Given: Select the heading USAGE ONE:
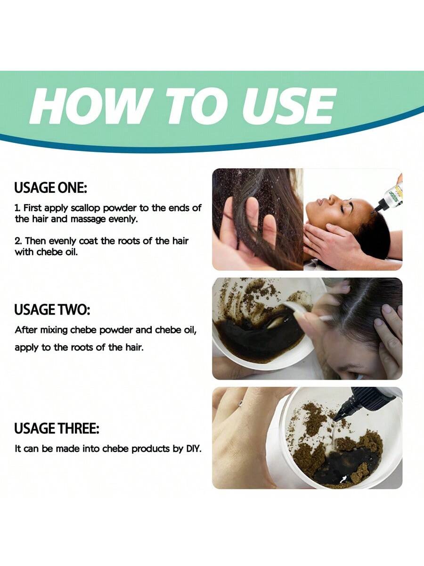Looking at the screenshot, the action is coord(51,188).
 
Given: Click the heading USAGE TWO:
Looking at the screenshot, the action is coord(52,309).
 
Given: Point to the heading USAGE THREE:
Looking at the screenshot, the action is coord(57,429).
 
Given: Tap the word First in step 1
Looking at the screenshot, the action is coord(33,208).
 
